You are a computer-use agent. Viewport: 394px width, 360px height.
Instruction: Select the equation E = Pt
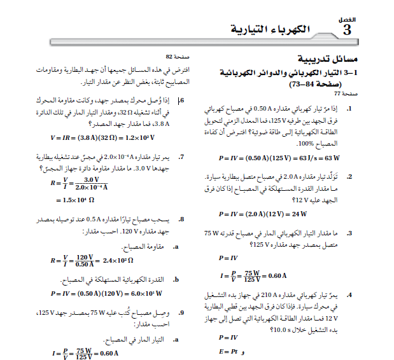228,351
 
